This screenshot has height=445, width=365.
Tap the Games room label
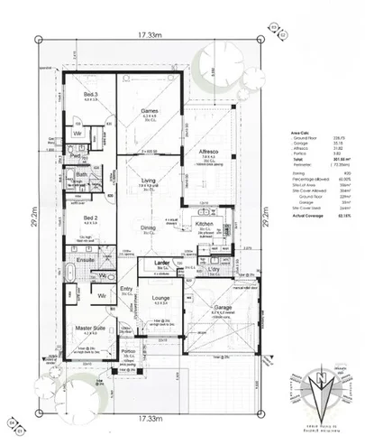point(150,111)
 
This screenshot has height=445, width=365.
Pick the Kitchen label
point(203,222)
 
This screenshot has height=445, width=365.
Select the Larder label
point(163,263)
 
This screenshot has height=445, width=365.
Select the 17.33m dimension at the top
point(150,35)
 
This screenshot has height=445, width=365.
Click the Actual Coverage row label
point(298,240)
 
